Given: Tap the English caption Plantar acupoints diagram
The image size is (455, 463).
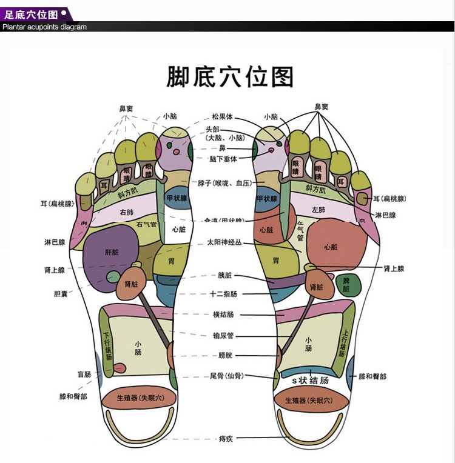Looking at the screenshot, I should (44, 27).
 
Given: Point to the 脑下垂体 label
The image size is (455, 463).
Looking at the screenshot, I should (223, 159).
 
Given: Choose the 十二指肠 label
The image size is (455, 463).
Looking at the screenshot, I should (223, 294).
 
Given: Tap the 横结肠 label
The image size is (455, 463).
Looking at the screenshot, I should (223, 315).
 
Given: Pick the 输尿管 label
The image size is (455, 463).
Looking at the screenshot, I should (223, 335).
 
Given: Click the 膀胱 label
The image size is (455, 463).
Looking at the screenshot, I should (225, 355).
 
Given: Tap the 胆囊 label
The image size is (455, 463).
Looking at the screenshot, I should (61, 295).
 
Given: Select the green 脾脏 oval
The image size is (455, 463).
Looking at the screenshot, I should (346, 285).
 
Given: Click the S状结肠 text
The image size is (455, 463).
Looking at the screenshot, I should (311, 381).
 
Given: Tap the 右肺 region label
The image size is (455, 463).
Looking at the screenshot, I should (126, 213).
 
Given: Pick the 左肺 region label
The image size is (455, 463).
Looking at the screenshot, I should (318, 210).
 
